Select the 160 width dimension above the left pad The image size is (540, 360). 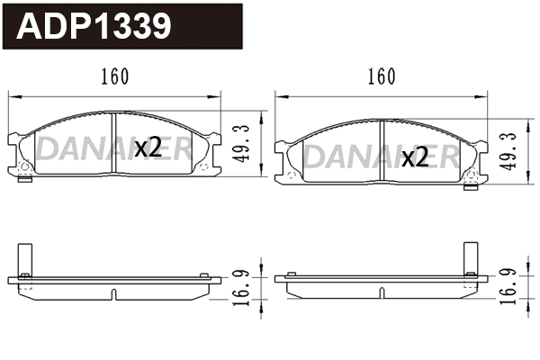coord(115,76)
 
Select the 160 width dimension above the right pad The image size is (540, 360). coord(381,76)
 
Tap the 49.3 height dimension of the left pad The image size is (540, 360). coord(242,143)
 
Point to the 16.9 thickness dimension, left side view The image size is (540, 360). coord(242,285)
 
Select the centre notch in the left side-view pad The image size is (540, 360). coord(114,294)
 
